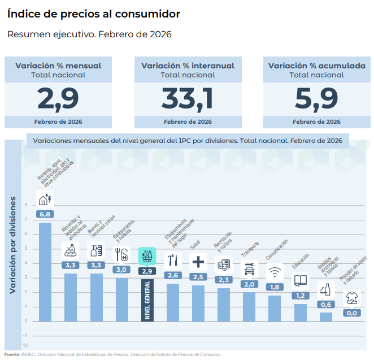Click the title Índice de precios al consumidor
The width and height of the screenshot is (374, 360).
(x=94, y=13)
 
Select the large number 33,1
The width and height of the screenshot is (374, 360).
(x=188, y=98)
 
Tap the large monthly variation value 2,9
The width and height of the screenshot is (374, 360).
(x=58, y=98)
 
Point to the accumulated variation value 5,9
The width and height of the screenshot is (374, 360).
(x=316, y=98)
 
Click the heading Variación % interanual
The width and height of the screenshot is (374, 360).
(x=188, y=66)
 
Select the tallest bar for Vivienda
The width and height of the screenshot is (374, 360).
(x=45, y=271)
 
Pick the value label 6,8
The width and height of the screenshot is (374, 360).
(x=45, y=214)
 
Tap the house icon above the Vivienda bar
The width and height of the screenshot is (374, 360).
(x=45, y=198)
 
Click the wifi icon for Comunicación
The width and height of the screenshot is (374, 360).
(x=275, y=272)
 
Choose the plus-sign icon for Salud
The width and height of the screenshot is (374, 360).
(x=198, y=262)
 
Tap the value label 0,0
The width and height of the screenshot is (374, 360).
(x=352, y=313)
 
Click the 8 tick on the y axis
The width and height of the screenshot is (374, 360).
(x=25, y=206)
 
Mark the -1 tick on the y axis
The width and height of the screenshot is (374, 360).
(x=25, y=335)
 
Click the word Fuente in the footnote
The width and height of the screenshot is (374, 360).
(x=12, y=355)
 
